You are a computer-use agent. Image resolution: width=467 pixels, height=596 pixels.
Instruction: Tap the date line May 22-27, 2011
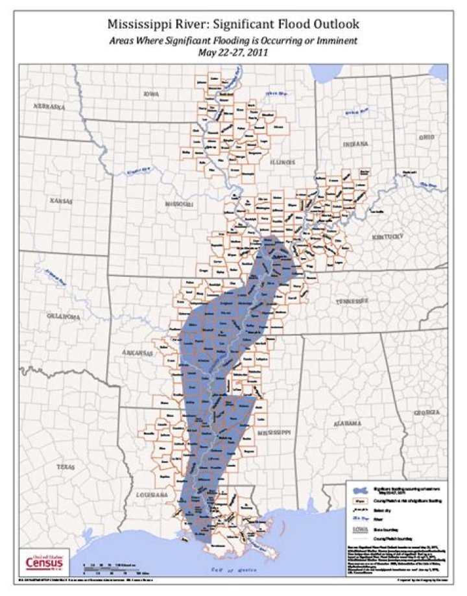click(233, 53)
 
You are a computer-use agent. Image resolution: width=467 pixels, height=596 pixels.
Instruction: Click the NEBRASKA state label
click(52, 106)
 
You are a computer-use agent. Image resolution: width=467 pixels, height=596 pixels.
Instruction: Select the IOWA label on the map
click(150, 94)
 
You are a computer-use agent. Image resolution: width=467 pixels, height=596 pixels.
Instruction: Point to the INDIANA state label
click(355, 143)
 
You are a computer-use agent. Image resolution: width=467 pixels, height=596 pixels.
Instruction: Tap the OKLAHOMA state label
click(64, 316)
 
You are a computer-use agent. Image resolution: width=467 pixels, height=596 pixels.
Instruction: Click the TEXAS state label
click(66, 466)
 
